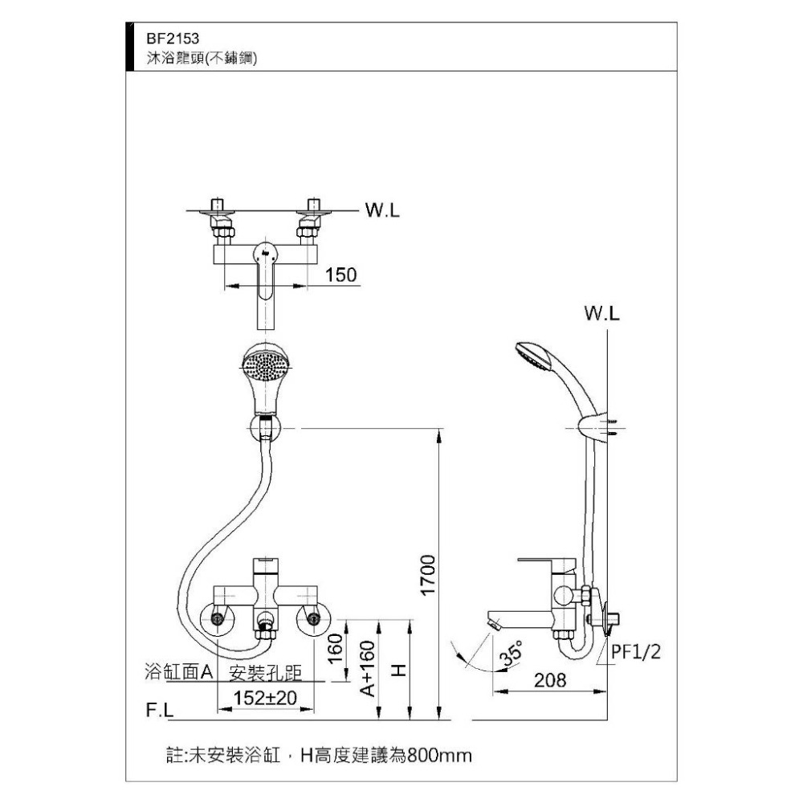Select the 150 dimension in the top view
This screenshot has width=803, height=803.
tap(341, 275)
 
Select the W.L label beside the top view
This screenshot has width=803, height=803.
tap(382, 211)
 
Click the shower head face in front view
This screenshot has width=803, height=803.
tap(264, 366)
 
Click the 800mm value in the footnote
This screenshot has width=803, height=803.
tap(438, 756)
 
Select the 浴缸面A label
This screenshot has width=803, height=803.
tap(178, 672)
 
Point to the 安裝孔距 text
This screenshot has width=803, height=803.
tap(266, 673)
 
